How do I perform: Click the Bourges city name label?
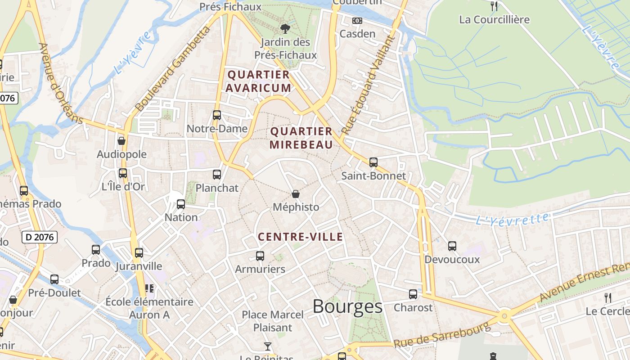(x=347, y=306)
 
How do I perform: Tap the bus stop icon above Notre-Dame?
(x=217, y=115)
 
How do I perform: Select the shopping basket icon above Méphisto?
(x=296, y=194)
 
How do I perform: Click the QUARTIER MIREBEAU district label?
(x=301, y=138)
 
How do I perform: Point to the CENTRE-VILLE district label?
(x=301, y=237)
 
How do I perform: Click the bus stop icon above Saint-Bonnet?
(x=373, y=162)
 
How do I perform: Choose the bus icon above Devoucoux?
(x=452, y=246)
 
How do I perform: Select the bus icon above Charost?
(x=413, y=294)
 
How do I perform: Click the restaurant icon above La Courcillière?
(x=494, y=6)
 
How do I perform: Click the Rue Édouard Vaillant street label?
(x=367, y=85)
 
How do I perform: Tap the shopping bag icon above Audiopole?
(x=121, y=141)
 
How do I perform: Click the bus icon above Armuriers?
(x=260, y=256)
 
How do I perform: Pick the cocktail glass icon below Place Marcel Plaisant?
(x=268, y=346)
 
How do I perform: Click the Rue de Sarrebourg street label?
(x=441, y=335)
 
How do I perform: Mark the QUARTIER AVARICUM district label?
(x=258, y=81)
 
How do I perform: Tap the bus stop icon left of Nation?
(x=181, y=204)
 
